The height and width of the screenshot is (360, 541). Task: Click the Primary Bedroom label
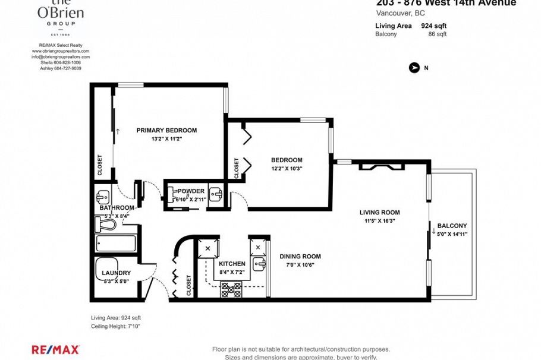(x=166, y=130)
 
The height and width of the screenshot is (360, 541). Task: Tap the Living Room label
(x=379, y=212)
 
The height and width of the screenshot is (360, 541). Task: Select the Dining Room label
(x=300, y=257)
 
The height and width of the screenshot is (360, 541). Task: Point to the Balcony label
(x=452, y=226)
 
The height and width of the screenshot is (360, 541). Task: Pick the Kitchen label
(x=232, y=264)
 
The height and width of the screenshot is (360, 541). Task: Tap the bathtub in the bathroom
(x=116, y=244)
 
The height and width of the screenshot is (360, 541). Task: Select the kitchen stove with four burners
(x=231, y=289)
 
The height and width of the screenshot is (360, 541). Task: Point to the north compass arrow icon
(x=414, y=68)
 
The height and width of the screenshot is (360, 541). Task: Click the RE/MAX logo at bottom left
(x=55, y=350)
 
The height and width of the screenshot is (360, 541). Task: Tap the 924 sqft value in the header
(x=433, y=26)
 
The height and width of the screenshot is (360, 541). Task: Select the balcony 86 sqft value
(x=437, y=34)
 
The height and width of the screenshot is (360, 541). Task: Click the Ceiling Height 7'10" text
(x=116, y=327)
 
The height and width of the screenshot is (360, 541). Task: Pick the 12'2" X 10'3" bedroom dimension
(x=287, y=169)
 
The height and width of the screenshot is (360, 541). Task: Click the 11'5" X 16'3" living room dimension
(x=379, y=220)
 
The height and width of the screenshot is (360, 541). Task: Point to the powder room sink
(x=218, y=193)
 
